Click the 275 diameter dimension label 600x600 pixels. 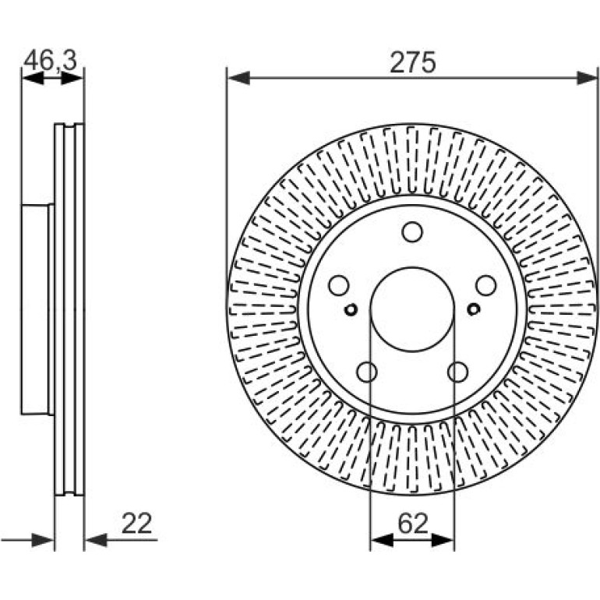pyautogui.click(x=412, y=62)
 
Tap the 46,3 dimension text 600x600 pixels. pyautogui.click(x=51, y=61)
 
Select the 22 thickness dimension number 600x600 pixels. pyautogui.click(x=136, y=523)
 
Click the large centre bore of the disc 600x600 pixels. pyautogui.click(x=412, y=309)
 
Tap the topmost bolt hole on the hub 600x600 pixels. pyautogui.click(x=412, y=232)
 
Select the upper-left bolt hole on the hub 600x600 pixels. pyautogui.click(x=339, y=285)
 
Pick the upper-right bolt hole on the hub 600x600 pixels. pyautogui.click(x=486, y=285)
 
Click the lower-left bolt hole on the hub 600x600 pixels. pyautogui.click(x=367, y=372)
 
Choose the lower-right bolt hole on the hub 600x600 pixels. pyautogui.click(x=458, y=372)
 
